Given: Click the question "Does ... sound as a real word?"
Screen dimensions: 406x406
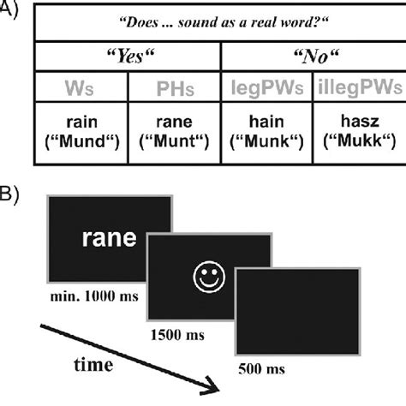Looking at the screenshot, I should tap(220, 27).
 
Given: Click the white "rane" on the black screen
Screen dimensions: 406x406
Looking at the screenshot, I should tap(109, 239).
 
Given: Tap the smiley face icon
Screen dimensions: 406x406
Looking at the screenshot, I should tap(206, 278).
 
